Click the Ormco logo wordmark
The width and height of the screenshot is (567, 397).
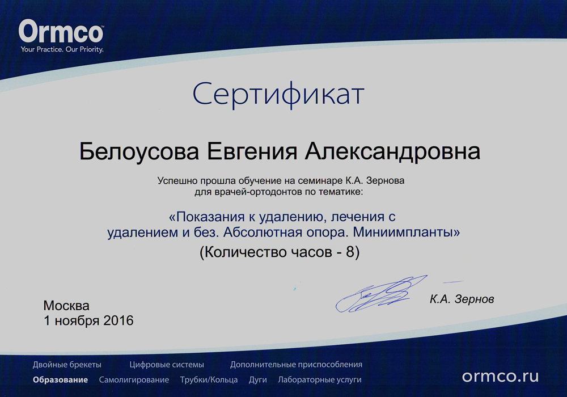(x=61, y=31)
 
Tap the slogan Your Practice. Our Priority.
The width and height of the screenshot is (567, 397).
(x=62, y=49)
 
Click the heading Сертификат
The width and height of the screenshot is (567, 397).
(x=278, y=94)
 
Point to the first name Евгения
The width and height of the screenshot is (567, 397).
(x=252, y=152)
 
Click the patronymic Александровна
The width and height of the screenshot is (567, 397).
(x=393, y=152)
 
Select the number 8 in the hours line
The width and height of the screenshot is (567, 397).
(x=350, y=252)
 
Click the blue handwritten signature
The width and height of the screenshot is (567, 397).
(x=380, y=295)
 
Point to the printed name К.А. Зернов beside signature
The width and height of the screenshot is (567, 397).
(x=462, y=299)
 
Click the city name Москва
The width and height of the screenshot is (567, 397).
(x=66, y=306)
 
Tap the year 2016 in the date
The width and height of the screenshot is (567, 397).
(x=119, y=320)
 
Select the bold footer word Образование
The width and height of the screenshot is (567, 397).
(x=61, y=379)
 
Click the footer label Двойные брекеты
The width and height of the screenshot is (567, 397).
(x=67, y=365)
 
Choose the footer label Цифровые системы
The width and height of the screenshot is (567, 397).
(x=167, y=365)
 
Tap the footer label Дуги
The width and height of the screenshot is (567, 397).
(x=258, y=380)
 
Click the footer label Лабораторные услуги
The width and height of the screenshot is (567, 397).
(x=320, y=380)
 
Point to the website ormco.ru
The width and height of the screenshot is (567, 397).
(x=501, y=376)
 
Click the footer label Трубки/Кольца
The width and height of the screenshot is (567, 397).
(x=209, y=380)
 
